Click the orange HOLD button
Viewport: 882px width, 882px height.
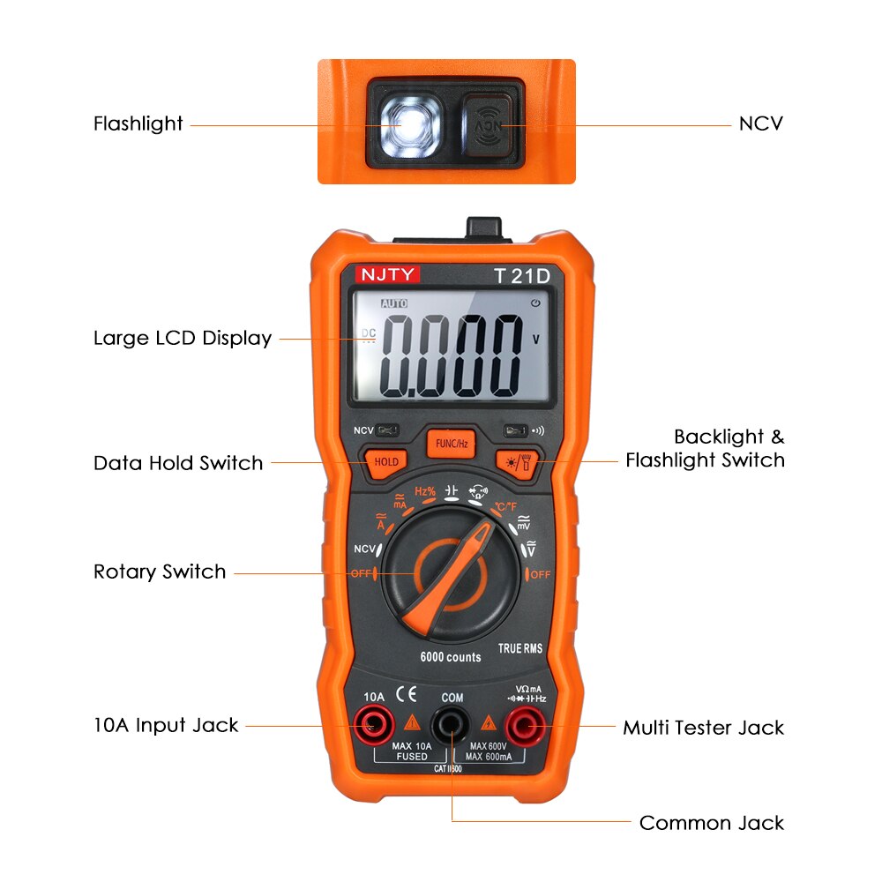point(386,461)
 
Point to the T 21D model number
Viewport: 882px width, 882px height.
point(521,275)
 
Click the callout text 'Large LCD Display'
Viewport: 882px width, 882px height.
point(183,339)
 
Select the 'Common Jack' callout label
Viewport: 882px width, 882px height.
point(711,823)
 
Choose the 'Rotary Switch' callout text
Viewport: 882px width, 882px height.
point(160,572)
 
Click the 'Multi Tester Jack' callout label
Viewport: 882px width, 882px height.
point(703,728)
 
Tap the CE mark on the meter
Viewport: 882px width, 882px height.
point(406,691)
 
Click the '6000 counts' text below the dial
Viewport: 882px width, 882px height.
point(450,657)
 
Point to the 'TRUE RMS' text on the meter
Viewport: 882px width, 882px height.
point(519,648)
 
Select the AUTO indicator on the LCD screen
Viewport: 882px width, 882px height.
point(394,303)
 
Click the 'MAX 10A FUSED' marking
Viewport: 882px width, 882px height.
point(411,751)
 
